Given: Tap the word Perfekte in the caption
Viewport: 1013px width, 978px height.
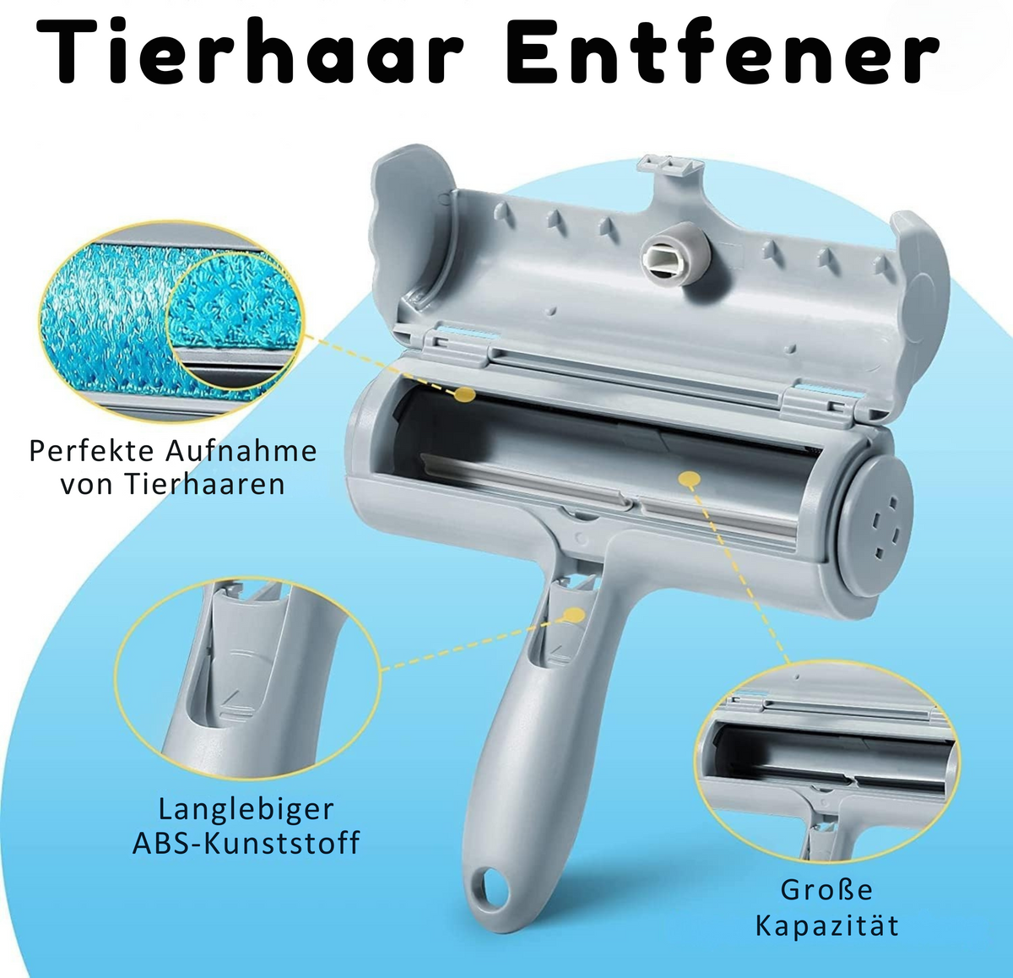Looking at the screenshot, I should (x=92, y=451).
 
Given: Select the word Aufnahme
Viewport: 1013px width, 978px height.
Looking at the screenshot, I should (x=241, y=450).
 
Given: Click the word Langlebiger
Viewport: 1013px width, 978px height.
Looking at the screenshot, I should (x=246, y=810).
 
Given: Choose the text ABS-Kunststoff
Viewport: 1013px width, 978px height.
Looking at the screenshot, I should (x=246, y=843).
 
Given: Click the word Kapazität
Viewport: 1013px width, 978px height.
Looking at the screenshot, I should (x=827, y=926).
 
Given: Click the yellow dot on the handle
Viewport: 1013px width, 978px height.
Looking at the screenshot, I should (x=574, y=615).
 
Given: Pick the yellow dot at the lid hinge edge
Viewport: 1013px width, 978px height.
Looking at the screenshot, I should (x=463, y=394).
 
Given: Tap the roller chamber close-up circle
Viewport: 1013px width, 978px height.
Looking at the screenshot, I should (x=827, y=760).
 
